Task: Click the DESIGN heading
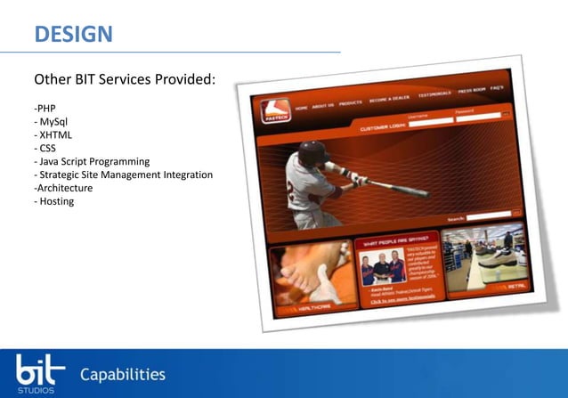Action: (73, 34)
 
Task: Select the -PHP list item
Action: (45, 108)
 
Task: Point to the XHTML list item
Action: (54, 134)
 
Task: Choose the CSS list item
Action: (46, 148)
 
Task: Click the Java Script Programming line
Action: (93, 161)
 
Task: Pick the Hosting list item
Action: (55, 201)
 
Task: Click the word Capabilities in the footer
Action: (122, 374)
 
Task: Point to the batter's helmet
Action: (312, 153)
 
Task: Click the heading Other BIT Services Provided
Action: (125, 80)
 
